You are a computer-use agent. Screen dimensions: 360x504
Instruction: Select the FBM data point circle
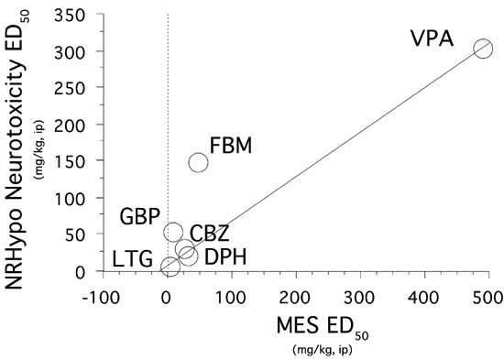[x=198, y=162]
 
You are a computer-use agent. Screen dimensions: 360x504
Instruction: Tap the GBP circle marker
[x=173, y=232]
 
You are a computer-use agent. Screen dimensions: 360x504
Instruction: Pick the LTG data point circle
[x=170, y=267]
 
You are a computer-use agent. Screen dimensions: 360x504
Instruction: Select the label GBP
[x=141, y=217]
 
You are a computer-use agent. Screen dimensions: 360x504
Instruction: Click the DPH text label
[x=224, y=256]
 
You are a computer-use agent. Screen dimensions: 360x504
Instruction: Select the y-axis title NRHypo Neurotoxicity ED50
[x=27, y=147]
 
